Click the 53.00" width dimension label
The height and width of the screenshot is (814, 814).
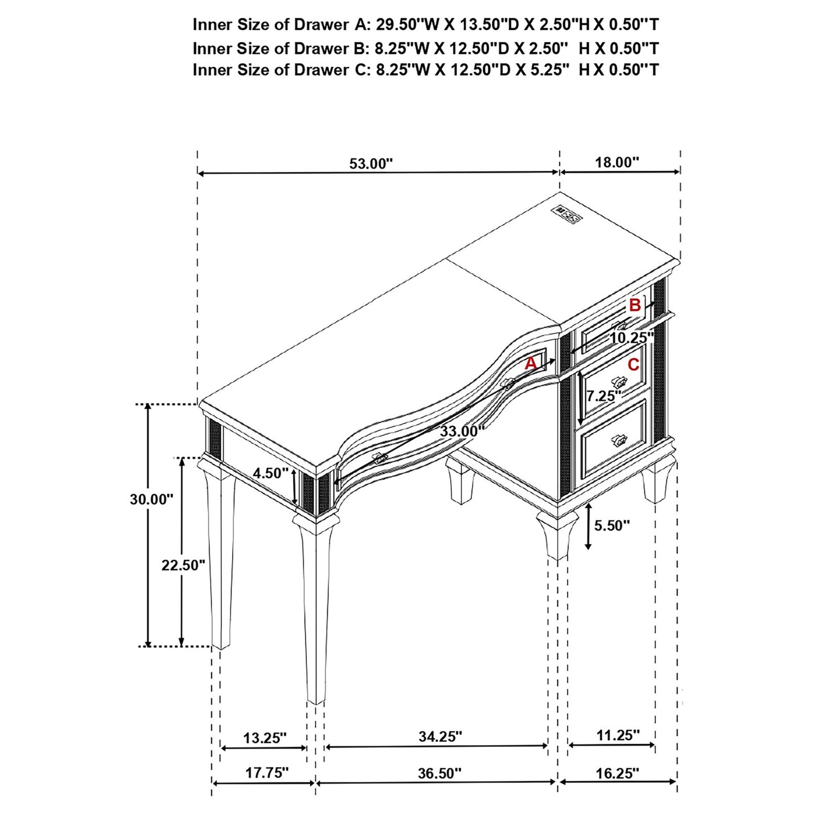(x=371, y=163)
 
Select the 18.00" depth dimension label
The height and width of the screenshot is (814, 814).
(x=617, y=163)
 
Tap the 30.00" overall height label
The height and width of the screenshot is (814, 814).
(x=152, y=499)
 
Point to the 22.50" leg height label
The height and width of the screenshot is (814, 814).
(x=183, y=565)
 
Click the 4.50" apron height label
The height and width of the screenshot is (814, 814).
(x=270, y=473)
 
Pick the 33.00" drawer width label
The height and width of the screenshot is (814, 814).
(x=462, y=432)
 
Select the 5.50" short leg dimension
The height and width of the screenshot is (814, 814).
(x=612, y=526)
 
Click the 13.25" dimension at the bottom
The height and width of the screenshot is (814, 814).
(x=265, y=738)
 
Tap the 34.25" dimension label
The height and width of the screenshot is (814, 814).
(x=440, y=736)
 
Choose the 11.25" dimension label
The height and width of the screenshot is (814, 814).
(x=618, y=735)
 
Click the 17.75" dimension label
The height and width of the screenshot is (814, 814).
(x=267, y=773)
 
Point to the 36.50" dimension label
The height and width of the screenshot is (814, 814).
(x=439, y=773)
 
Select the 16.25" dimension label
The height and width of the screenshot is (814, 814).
(x=617, y=773)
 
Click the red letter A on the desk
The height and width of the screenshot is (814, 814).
(x=531, y=364)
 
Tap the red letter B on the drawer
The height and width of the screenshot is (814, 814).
(x=635, y=305)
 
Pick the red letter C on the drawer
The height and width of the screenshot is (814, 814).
(x=633, y=365)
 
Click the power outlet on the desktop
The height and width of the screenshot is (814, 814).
(x=567, y=213)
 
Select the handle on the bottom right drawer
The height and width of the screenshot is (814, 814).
(x=619, y=439)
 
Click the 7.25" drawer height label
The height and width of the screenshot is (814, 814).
(x=603, y=396)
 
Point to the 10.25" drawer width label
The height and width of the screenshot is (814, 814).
(x=631, y=338)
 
